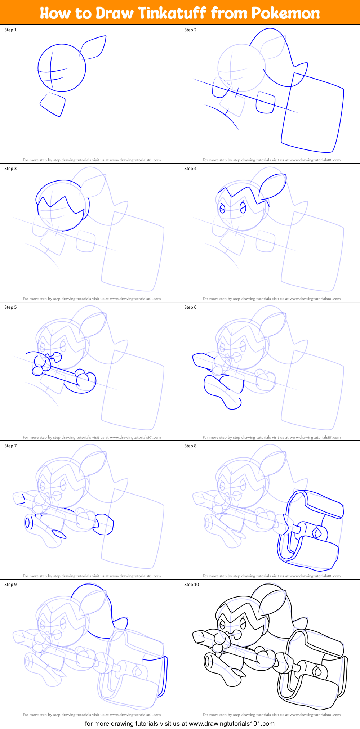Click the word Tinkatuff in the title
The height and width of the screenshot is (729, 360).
172,13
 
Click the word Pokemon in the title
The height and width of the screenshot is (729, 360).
285,13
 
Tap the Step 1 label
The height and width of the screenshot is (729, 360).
10,30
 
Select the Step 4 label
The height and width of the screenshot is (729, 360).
190,169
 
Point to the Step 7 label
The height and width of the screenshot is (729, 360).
10,446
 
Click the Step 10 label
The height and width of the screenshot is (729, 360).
191,585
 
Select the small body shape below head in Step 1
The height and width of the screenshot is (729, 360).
53,104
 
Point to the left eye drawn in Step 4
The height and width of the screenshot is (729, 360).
222,209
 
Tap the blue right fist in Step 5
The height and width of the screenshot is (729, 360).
86,381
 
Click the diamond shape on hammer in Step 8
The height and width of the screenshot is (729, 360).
317,532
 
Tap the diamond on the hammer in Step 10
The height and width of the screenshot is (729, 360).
317,671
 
